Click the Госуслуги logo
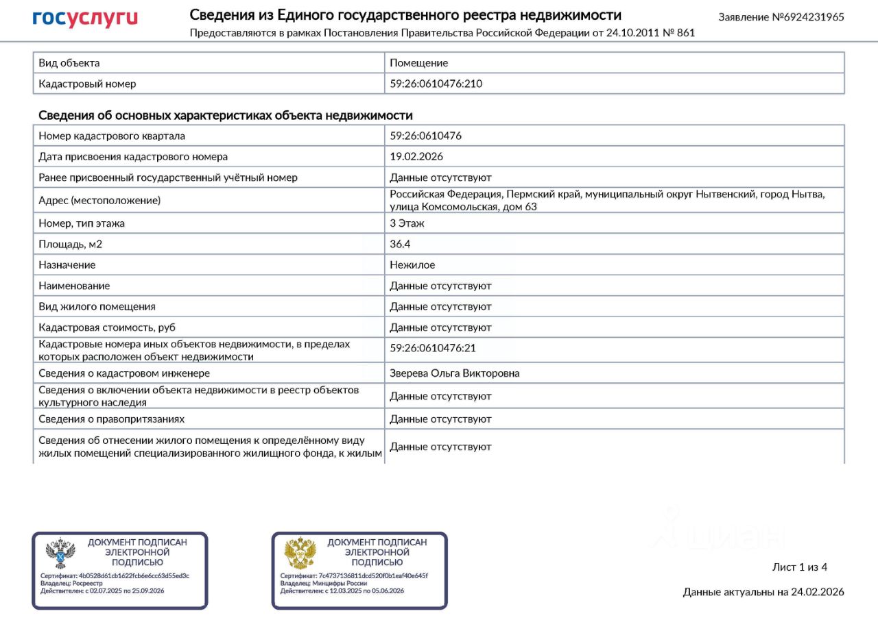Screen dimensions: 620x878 coord(85,18)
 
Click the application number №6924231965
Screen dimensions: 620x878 coord(781,17)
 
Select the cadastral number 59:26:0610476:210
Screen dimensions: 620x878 coord(436,84)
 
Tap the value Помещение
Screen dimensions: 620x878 coord(418,63)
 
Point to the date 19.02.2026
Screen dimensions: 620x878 coord(416,156)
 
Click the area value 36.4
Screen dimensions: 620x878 coord(400,244)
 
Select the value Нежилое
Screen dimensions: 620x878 coord(412,264)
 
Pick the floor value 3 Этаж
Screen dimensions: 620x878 coord(407,223)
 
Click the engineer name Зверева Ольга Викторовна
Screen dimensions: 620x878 coord(454,373)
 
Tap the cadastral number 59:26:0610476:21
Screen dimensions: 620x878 coord(432,348)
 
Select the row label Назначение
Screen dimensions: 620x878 coord(67,264)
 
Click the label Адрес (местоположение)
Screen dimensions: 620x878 coord(99,201)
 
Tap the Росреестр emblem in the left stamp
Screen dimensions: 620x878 coord(60,554)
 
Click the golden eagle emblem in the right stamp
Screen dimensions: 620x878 coord(300,554)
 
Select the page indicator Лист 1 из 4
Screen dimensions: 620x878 coord(800,567)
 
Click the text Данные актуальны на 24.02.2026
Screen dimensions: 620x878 coord(763,592)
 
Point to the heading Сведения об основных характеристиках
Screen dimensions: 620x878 coord(225,115)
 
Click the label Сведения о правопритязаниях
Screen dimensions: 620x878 coord(111,419)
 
